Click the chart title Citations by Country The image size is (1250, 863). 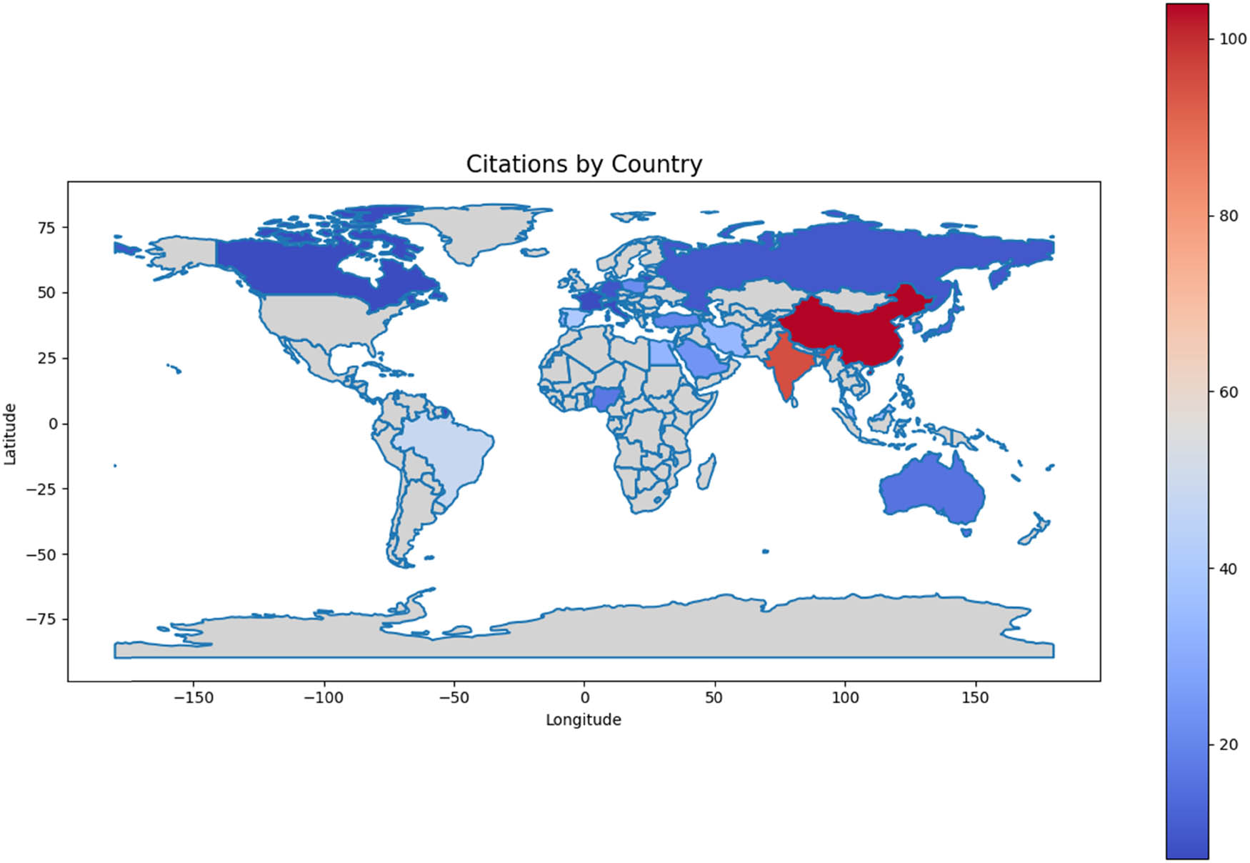click(x=584, y=164)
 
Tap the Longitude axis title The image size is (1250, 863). click(x=583, y=719)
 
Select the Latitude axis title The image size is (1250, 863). click(x=10, y=434)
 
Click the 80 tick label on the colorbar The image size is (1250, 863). click(x=1228, y=216)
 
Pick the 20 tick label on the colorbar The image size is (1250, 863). click(x=1228, y=744)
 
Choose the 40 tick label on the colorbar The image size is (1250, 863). click(x=1228, y=569)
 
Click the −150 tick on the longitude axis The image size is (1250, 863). click(x=194, y=698)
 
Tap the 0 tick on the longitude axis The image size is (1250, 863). click(x=584, y=698)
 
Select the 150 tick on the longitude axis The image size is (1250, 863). click(x=975, y=698)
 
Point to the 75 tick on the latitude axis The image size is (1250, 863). click(x=46, y=228)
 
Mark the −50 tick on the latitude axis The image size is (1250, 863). click(x=42, y=554)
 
